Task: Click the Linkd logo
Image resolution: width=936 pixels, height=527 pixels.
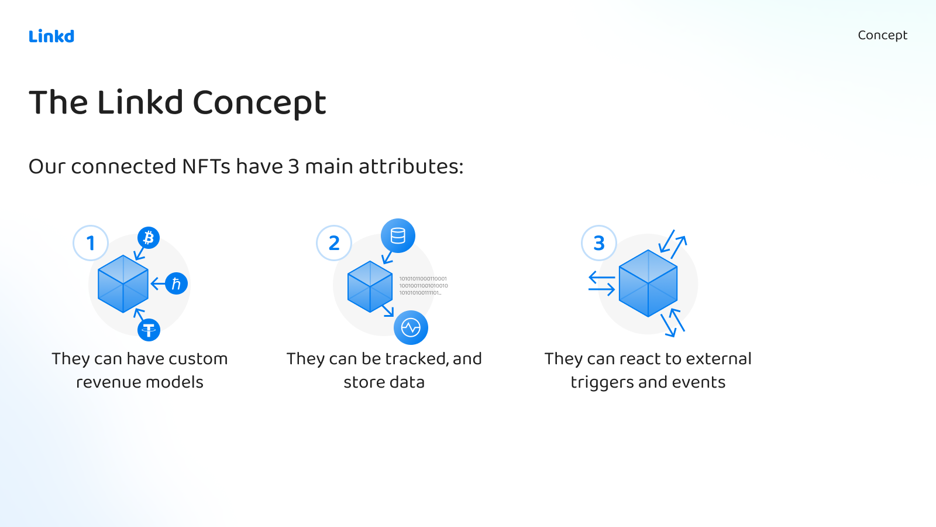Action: point(51,36)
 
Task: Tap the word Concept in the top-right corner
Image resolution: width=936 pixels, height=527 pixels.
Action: point(882,35)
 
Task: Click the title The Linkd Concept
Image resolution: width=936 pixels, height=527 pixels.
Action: point(177,102)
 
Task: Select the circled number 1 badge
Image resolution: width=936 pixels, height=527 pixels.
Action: point(91,243)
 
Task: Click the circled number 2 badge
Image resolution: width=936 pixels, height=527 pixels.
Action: point(334,243)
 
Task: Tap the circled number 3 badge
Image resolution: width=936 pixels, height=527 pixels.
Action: point(599,243)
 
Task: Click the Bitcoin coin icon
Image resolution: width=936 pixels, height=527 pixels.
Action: point(149,238)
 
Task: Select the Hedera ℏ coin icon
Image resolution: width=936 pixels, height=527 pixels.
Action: point(176,284)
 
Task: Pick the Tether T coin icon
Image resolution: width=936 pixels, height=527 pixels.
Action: point(149,330)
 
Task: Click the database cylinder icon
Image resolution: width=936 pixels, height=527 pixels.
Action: point(398,236)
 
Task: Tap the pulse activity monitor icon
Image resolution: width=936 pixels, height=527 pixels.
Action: point(411,327)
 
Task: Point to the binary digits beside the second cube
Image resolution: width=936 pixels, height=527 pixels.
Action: point(423,286)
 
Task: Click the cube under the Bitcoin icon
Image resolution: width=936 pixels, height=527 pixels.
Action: point(123,284)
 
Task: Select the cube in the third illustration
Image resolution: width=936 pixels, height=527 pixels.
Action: point(648,283)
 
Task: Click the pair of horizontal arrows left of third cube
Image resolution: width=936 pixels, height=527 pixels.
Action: point(601,283)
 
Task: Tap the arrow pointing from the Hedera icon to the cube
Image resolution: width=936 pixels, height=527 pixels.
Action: point(157,284)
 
